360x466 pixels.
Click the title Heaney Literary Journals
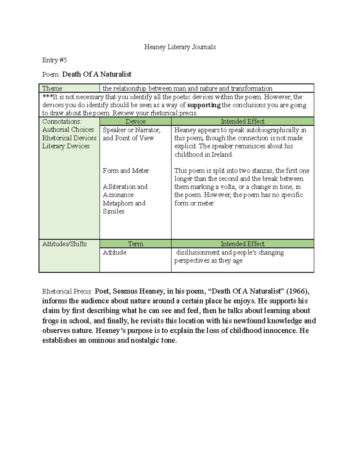click(x=180, y=47)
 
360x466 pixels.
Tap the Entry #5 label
click(x=54, y=60)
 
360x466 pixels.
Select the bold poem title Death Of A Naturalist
click(x=97, y=74)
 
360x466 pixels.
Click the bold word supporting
click(x=204, y=105)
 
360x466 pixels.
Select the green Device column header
click(x=135, y=121)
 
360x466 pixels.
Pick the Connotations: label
click(x=62, y=121)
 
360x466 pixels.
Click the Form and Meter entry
click(x=126, y=170)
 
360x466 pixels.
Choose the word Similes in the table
click(x=113, y=211)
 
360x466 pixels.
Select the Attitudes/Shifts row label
click(x=64, y=244)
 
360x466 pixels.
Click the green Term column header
click(x=135, y=244)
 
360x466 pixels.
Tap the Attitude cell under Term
click(x=115, y=252)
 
